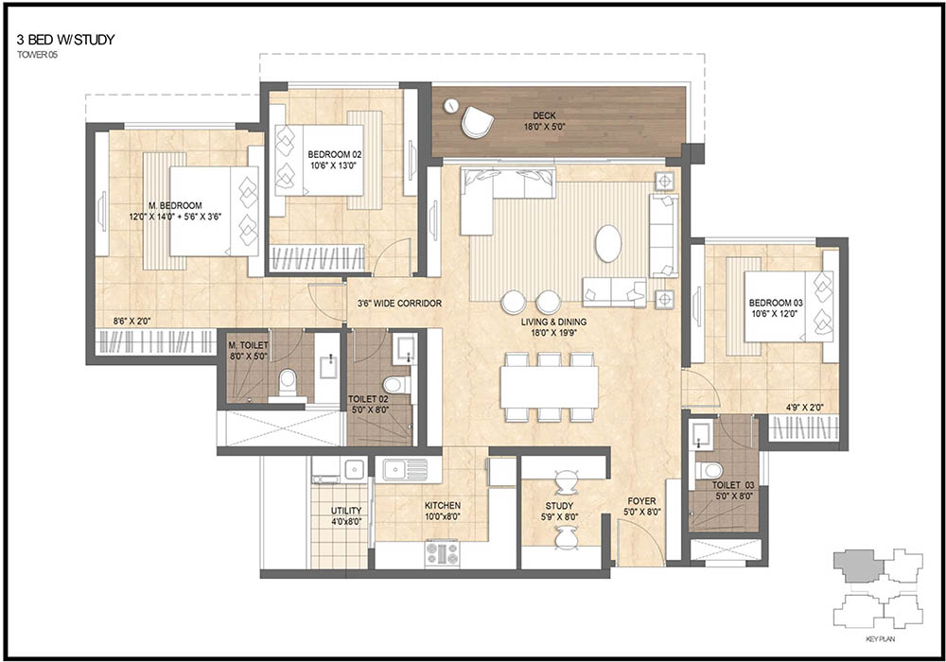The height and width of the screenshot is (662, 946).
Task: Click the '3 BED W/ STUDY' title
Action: point(66,41)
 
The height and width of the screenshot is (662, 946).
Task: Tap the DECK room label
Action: point(544,115)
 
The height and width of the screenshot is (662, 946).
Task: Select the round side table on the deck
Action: point(450,106)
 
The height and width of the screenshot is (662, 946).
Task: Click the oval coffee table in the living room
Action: point(607,243)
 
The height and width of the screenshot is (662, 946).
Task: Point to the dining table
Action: point(549,387)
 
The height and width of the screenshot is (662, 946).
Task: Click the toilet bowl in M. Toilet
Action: point(288,382)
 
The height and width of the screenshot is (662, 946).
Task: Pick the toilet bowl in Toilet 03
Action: point(709,470)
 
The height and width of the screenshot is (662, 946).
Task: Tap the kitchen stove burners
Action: point(442,553)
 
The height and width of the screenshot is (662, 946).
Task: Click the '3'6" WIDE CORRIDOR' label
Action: point(399,304)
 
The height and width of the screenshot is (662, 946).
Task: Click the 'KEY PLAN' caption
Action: point(880,638)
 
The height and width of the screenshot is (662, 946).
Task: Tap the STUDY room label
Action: point(559,506)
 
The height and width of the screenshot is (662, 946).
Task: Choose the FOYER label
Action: point(641,501)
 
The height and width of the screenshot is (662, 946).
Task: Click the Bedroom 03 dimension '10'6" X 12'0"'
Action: point(776,313)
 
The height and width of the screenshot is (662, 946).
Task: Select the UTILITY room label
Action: point(346,511)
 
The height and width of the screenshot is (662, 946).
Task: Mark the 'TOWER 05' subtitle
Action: point(37,54)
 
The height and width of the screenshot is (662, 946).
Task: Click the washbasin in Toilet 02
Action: point(403,348)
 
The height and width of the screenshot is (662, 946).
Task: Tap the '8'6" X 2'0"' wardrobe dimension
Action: point(131,322)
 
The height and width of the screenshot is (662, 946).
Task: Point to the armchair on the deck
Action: point(477,122)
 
